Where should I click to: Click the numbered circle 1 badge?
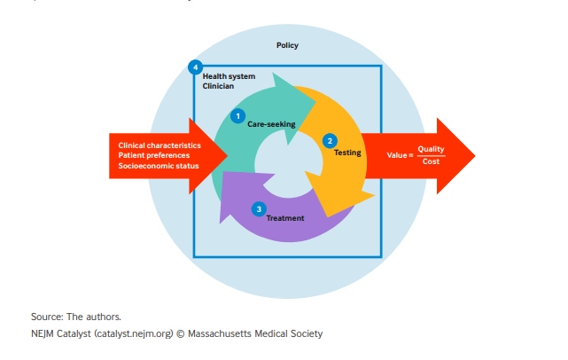point(237,115)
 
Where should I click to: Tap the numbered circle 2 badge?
point(330,140)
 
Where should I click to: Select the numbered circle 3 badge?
point(258,208)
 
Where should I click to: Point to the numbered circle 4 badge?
point(195,67)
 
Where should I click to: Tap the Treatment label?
point(284,218)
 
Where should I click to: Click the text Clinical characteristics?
point(160,145)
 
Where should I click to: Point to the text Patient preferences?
point(153,155)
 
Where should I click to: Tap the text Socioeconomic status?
point(159,166)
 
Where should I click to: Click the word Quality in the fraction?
point(432,149)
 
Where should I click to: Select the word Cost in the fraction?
point(432,161)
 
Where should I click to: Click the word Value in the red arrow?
point(397,155)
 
